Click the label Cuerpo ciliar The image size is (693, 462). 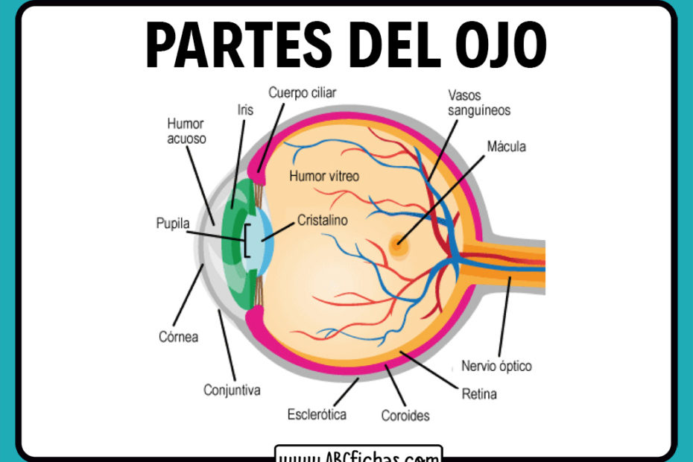point(303,93)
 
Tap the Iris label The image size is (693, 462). point(244,110)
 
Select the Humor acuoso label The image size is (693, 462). point(186,131)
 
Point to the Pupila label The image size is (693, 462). point(173,223)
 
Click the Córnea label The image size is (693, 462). point(178,336)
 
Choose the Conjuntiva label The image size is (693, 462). point(232,390)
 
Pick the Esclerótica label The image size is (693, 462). point(317,414)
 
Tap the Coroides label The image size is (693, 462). point(405,415)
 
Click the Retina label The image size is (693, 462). point(478,393)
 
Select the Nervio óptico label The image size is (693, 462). point(496,366)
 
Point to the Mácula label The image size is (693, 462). point(506,146)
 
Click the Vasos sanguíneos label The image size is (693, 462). point(479,103)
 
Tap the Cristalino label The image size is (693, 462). point(323,221)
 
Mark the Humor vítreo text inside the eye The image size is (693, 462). point(324,177)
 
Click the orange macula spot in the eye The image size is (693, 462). point(398,244)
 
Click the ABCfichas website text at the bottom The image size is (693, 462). point(358,453)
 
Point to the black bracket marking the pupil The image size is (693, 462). point(247,243)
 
